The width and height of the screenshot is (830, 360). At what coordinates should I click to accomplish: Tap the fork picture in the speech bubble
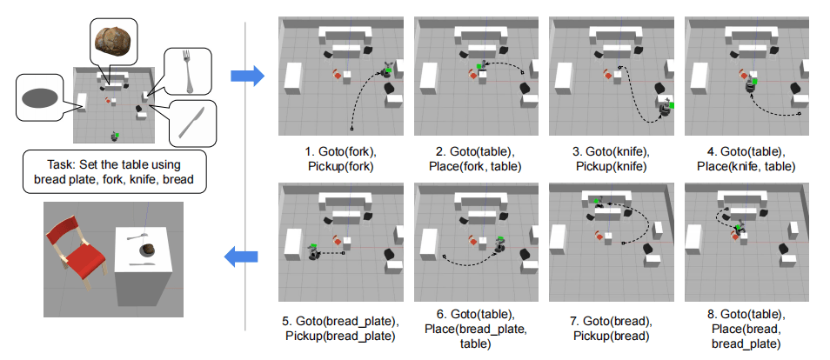(184, 70)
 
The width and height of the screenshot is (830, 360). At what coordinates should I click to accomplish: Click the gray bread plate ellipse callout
(41, 98)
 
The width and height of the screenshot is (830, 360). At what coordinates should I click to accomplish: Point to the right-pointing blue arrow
(246, 77)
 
